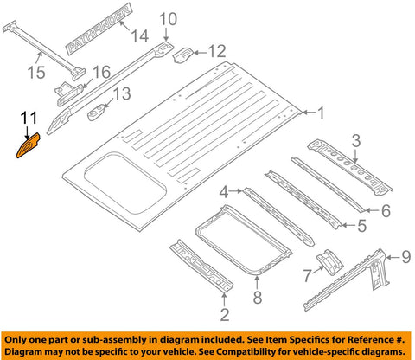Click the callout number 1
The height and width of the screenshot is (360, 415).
pyautogui.click(x=321, y=112)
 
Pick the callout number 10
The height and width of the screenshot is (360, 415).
pyautogui.click(x=168, y=19)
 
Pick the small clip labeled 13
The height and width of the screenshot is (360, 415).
pyautogui.click(x=103, y=111)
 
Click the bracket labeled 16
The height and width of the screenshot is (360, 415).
pyautogui.click(x=69, y=88)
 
